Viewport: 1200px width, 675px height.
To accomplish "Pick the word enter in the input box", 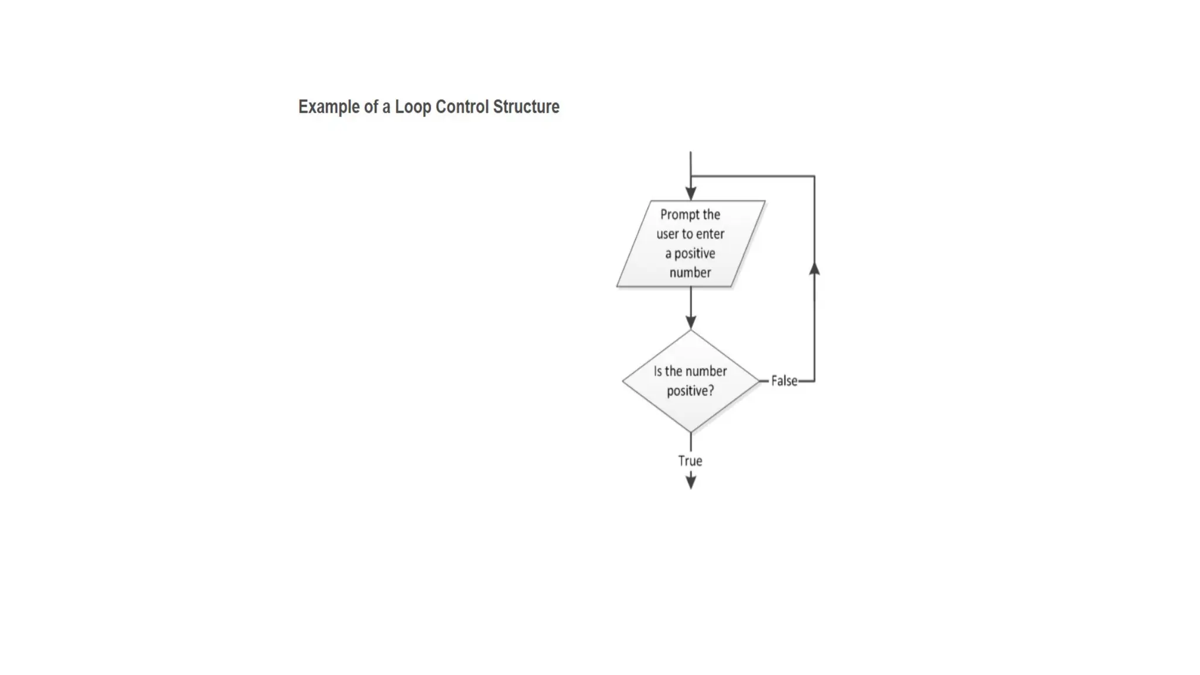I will click(710, 234).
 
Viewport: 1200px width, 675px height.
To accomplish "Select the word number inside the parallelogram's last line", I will click(690, 273).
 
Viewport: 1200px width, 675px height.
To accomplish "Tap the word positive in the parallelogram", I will click(694, 254).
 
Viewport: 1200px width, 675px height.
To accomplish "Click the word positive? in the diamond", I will click(690, 391).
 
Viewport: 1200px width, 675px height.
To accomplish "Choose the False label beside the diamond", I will click(784, 381).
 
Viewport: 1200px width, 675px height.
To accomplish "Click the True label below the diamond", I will click(690, 461).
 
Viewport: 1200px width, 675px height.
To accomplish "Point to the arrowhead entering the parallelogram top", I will click(691, 194).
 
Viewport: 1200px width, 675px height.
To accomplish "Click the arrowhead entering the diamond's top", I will click(691, 322).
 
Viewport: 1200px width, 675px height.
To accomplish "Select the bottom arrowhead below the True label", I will click(691, 482).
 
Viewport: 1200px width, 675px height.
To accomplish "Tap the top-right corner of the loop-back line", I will click(814, 176).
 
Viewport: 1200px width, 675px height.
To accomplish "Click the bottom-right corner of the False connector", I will click(814, 381).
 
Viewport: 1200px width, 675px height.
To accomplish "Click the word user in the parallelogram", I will click(667, 234).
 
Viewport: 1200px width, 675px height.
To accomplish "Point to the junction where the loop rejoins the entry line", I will click(691, 176).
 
